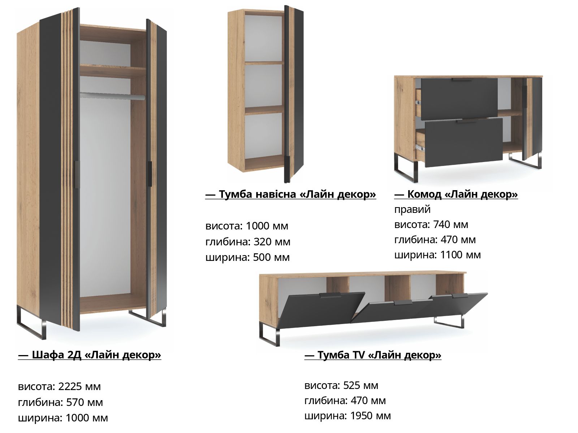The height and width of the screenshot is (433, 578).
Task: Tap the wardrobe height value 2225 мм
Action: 79,386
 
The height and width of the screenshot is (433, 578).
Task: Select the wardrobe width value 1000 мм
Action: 87,418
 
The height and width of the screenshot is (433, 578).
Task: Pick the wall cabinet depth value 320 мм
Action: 272,242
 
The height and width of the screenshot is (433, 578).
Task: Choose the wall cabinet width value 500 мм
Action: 271,257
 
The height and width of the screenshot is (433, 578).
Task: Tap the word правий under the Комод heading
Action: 413,209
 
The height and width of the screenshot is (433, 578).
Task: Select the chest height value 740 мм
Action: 450,224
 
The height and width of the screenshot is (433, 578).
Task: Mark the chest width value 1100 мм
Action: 461,255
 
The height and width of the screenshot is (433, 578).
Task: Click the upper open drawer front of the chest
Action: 459,99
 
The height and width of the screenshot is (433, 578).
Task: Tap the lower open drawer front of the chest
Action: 463,142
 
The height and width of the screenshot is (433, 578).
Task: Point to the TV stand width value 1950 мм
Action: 371,416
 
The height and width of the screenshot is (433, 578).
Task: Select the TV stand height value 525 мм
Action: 361,385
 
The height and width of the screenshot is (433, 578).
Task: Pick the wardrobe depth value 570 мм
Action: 85,402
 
